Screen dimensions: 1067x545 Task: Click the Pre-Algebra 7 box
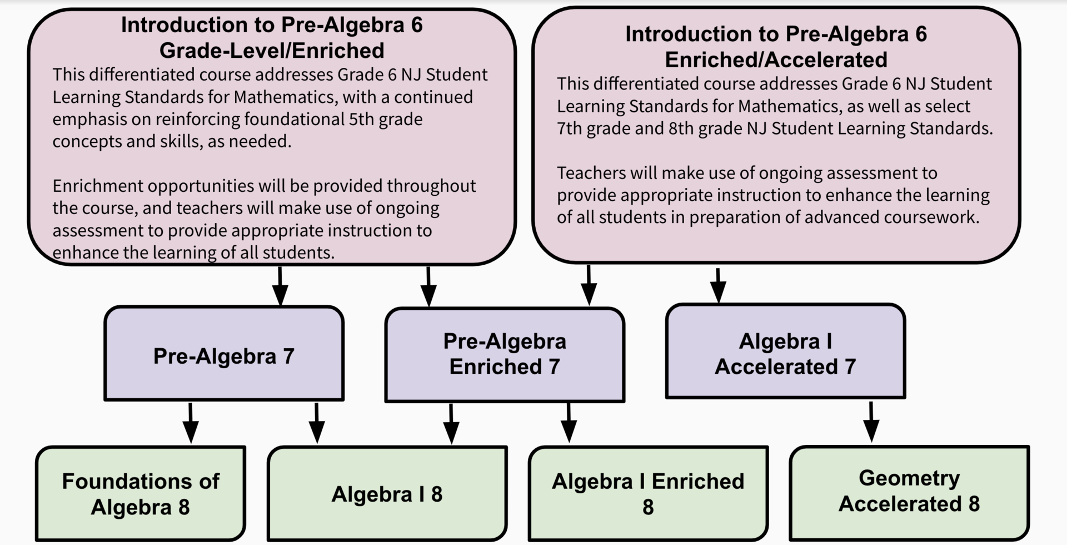tap(224, 354)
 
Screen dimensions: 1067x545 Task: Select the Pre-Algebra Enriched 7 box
tap(505, 355)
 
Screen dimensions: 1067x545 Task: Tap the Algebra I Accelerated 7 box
tap(785, 351)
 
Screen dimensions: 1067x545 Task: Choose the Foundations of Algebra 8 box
tap(141, 494)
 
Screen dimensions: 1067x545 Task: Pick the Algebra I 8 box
tap(387, 494)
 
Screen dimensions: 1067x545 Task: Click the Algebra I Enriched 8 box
tap(648, 494)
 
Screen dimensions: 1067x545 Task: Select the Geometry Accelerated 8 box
tap(909, 493)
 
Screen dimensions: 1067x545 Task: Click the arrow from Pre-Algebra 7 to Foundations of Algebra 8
tap(191, 423)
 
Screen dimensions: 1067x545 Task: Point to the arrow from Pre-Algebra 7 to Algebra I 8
tap(317, 423)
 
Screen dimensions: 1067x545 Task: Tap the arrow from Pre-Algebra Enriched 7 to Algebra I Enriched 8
tap(569, 423)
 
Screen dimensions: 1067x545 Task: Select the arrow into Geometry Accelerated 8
tap(871, 422)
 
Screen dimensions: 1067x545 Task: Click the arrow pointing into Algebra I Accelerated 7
tap(718, 286)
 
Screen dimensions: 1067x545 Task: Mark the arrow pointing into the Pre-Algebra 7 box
tap(280, 286)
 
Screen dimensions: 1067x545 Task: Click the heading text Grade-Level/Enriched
tap(272, 51)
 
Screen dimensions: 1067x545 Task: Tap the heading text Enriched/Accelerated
tap(776, 60)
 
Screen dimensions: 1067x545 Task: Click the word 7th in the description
tap(570, 128)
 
